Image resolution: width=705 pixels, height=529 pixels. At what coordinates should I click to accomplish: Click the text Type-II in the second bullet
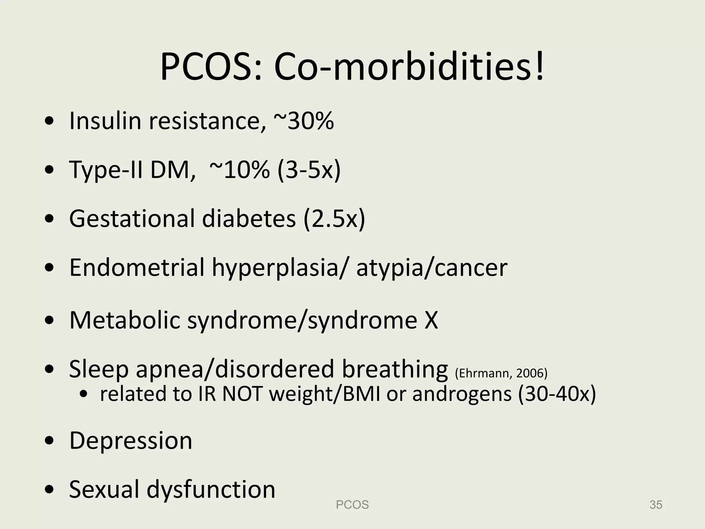pos(106,170)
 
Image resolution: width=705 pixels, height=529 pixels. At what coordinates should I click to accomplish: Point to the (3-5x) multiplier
pos(309,170)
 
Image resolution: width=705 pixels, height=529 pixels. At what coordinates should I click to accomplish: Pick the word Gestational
pos(132,219)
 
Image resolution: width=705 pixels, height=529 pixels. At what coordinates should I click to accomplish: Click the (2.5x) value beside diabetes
pos(334,219)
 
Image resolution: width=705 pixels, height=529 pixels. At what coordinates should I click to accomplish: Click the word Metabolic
pos(125,320)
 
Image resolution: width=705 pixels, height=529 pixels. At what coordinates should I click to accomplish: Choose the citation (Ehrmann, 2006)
pos(501,373)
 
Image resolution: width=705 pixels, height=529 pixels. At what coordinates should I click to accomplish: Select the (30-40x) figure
pos(557,394)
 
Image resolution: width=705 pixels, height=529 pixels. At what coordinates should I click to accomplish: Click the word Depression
pos(131,440)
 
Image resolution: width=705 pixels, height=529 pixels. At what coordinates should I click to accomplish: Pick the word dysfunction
pos(211,489)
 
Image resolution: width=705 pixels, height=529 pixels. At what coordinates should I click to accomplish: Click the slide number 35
pos(656,505)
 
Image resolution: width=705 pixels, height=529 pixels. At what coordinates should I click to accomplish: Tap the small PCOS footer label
pos(352,505)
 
